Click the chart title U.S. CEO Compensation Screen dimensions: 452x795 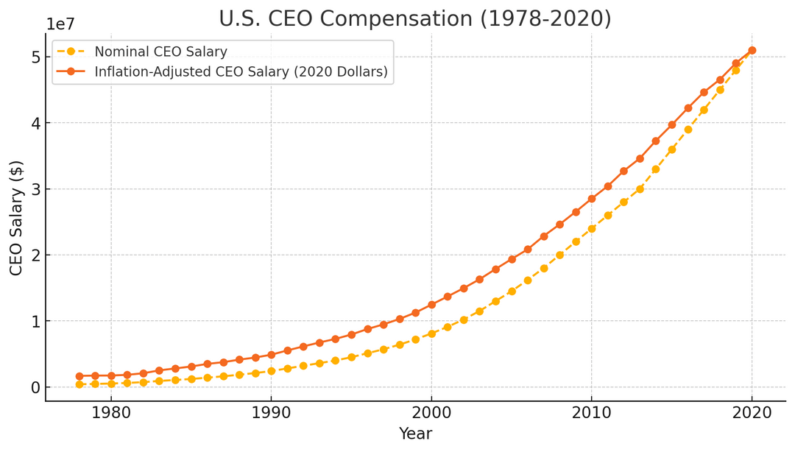(414, 18)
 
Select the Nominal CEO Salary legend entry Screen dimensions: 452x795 (160, 52)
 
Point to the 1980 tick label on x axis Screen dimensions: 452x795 (111, 413)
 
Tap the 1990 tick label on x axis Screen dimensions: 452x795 (271, 413)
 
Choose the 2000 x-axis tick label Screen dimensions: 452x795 (431, 413)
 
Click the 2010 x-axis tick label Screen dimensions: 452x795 (591, 413)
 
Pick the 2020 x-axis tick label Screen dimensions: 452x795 (752, 413)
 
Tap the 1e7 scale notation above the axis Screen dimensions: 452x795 (60, 24)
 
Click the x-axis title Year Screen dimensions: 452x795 (415, 434)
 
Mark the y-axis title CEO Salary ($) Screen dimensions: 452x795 (16, 218)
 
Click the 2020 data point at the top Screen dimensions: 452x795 (752, 51)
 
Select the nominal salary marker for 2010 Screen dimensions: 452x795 (591, 228)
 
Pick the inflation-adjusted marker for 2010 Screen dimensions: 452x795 (591, 199)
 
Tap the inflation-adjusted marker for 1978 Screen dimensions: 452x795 (79, 376)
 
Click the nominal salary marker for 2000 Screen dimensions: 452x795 (431, 333)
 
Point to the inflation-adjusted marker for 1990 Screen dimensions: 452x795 (271, 355)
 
